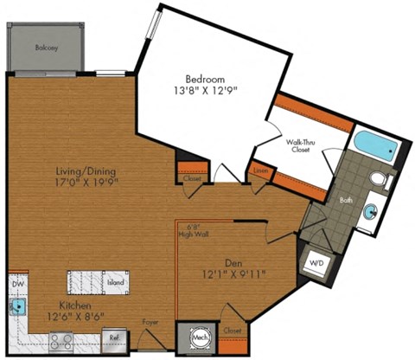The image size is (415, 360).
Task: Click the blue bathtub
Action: tap(373, 145)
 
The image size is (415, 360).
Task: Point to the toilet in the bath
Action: tap(377, 179)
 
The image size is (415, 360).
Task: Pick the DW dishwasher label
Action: tap(16, 284)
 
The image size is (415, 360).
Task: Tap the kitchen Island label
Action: tap(116, 283)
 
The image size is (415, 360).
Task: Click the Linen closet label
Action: tap(260, 171)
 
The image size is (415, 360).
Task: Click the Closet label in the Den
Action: tap(231, 330)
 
